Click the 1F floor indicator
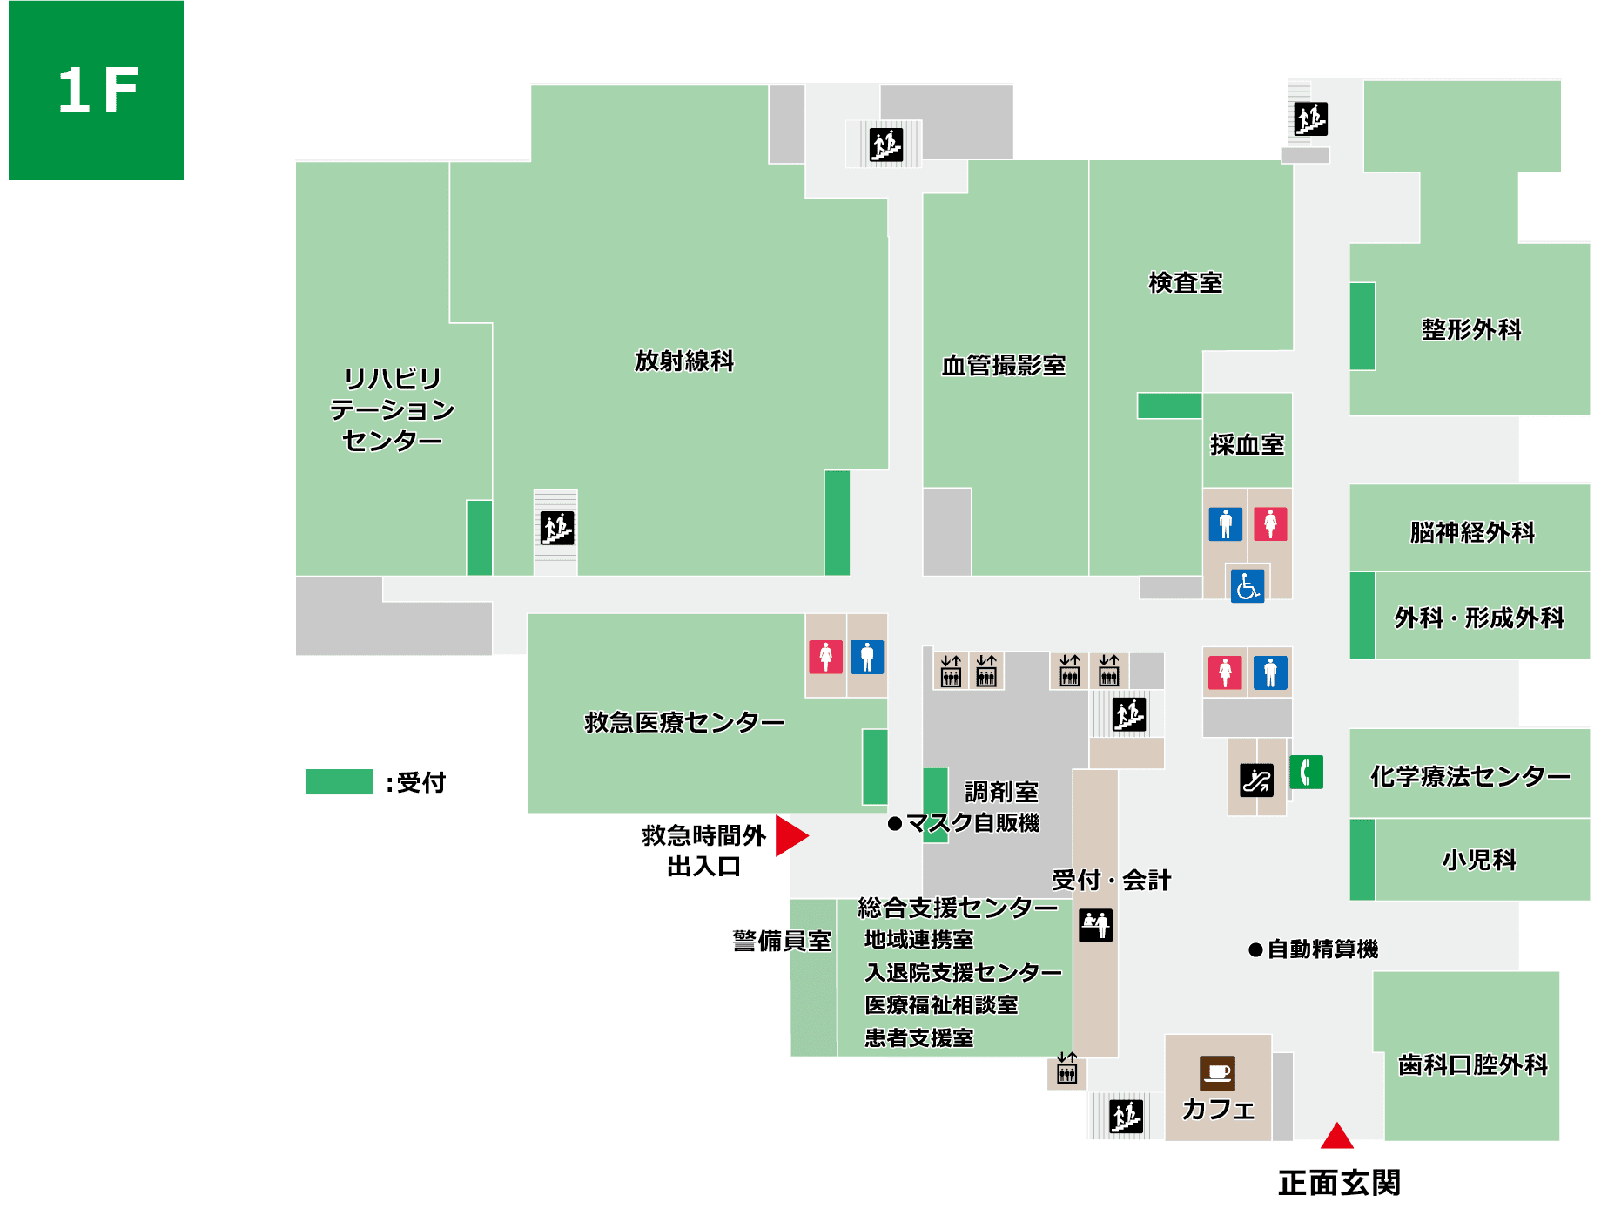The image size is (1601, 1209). [x=97, y=90]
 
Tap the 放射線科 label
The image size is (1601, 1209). [x=683, y=361]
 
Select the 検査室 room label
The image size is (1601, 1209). [x=1185, y=283]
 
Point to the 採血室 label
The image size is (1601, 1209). [x=1247, y=445]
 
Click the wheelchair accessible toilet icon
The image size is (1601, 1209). [x=1247, y=585]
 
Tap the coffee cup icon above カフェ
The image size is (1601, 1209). [x=1217, y=1073]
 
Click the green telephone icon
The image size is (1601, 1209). [x=1306, y=772]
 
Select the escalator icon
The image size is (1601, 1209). [x=1256, y=780]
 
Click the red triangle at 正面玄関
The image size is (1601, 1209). [x=1336, y=1137]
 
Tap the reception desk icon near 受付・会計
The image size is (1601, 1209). [x=1095, y=925]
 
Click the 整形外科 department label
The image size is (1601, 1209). [x=1471, y=329]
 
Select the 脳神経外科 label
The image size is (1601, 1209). [x=1472, y=532]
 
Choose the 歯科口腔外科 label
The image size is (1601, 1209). [x=1472, y=1064]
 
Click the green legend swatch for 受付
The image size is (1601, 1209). [x=340, y=781]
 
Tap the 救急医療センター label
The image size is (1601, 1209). [x=684, y=722]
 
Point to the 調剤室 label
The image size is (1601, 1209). [x=1001, y=792]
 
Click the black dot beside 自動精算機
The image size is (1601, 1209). [x=1255, y=949]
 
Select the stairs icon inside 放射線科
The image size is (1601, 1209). [x=557, y=528]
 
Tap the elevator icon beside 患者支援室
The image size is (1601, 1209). [x=1066, y=1069]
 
